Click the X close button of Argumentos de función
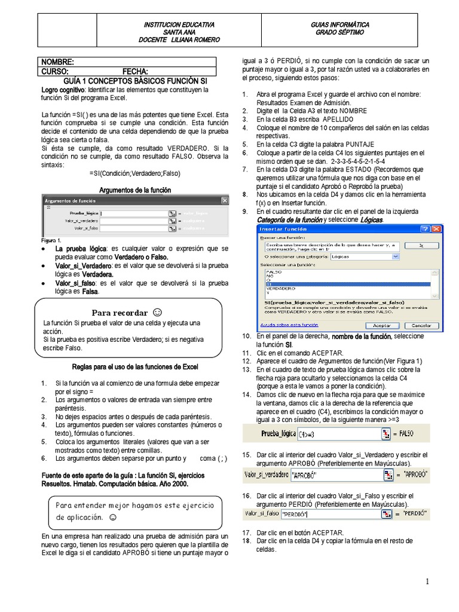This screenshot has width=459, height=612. coord(224,201)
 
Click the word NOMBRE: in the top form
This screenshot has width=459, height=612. coord(57,62)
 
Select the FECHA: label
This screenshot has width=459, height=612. coord(135,71)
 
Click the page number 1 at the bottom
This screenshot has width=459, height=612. coord(428,582)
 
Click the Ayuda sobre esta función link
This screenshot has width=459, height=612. coord(284,326)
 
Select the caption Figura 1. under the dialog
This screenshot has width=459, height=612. coord(51,239)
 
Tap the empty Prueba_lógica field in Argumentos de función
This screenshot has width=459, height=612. coord(134,213)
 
